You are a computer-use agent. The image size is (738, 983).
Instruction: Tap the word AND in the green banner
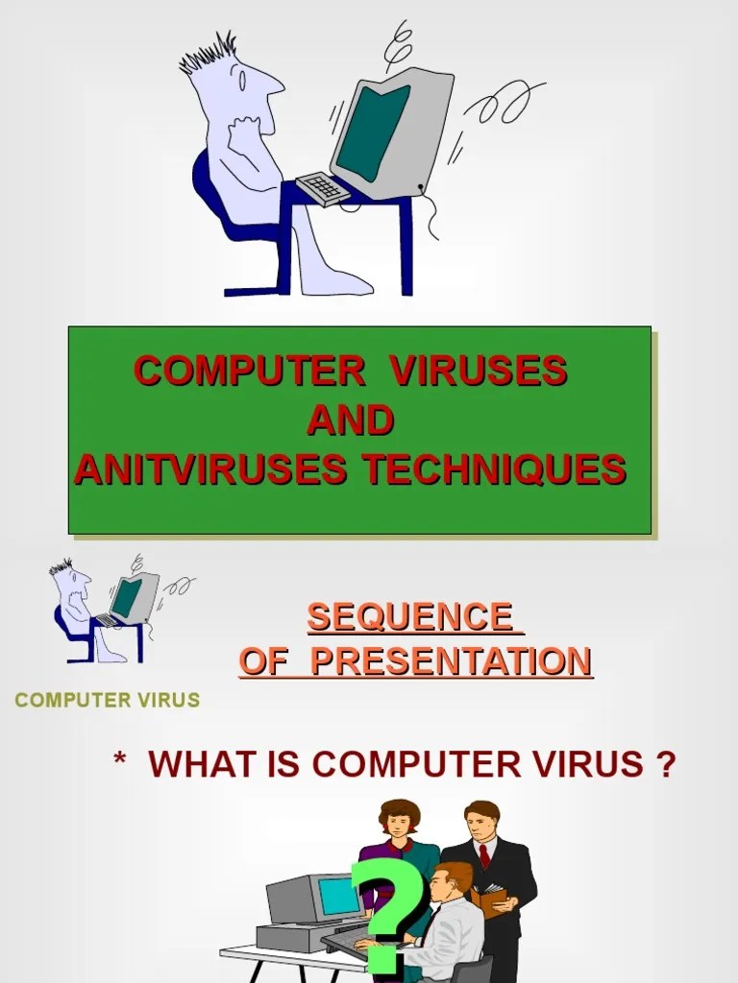[351, 421]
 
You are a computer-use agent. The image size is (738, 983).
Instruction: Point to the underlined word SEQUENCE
[409, 617]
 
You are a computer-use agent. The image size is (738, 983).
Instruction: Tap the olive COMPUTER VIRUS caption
[108, 700]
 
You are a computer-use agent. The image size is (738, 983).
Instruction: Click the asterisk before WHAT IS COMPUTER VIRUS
[120, 765]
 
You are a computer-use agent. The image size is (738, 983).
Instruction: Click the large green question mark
[389, 912]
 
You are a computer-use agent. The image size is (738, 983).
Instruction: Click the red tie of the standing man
[483, 853]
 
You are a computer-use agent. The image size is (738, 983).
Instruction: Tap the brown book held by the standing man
[488, 900]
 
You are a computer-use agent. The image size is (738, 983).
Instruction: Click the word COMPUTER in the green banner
[248, 372]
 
